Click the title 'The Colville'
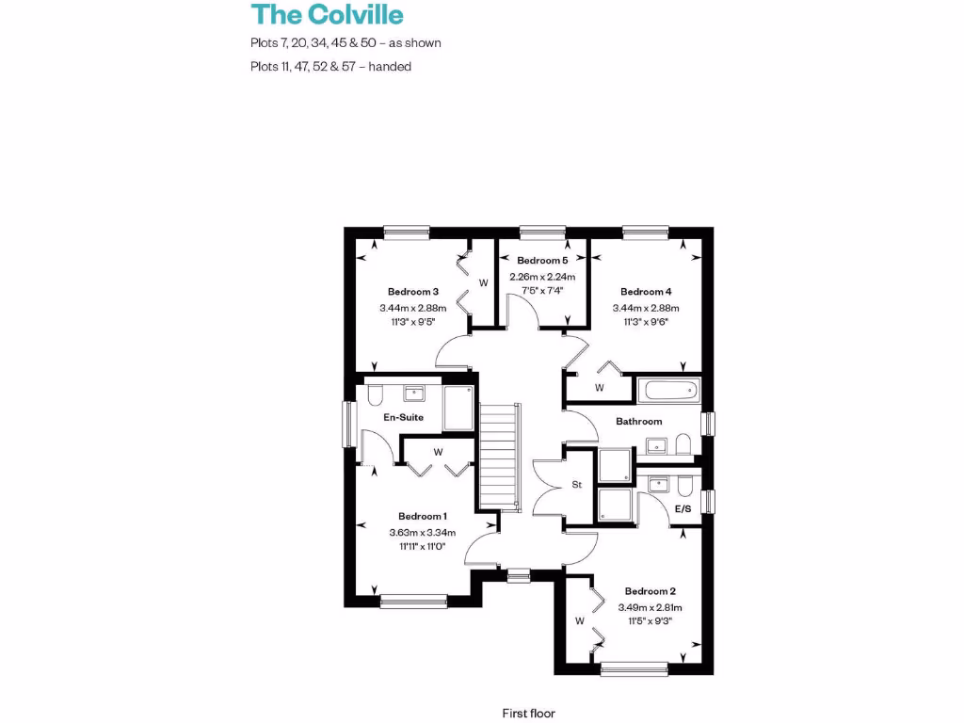pyautogui.click(x=327, y=15)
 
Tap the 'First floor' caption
pyautogui.click(x=529, y=714)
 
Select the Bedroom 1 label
pyautogui.click(x=422, y=516)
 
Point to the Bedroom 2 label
pyautogui.click(x=651, y=591)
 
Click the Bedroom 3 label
pyautogui.click(x=413, y=292)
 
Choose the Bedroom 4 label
pyautogui.click(x=646, y=292)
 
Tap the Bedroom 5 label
pyautogui.click(x=542, y=261)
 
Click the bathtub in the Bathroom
pyautogui.click(x=668, y=390)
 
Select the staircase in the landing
pyautogui.click(x=500, y=457)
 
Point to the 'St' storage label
pyautogui.click(x=577, y=486)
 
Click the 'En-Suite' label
pyautogui.click(x=403, y=417)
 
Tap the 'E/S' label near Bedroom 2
pyautogui.click(x=683, y=509)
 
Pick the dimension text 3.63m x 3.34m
pyautogui.click(x=422, y=532)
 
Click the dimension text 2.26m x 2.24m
pyautogui.click(x=542, y=277)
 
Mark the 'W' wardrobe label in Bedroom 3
pyautogui.click(x=484, y=282)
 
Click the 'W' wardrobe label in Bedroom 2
pyautogui.click(x=580, y=621)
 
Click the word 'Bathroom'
pyautogui.click(x=639, y=422)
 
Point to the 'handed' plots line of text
pyautogui.click(x=330, y=67)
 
